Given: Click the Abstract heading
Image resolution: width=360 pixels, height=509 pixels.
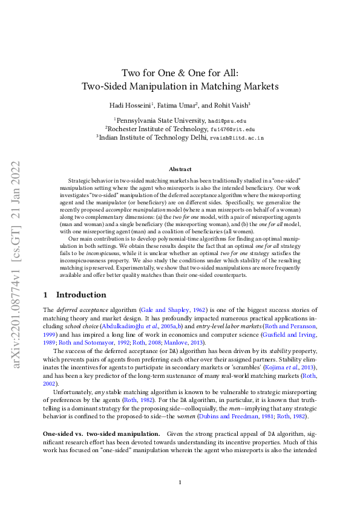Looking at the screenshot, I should click(x=180, y=169).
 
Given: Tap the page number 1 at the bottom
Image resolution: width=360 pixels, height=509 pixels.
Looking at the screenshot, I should click(x=180, y=482).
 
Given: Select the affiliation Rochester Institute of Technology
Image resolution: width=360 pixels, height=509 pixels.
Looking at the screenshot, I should click(x=156, y=129).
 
